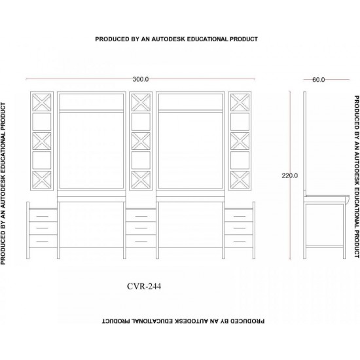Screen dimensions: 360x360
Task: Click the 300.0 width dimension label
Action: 141,79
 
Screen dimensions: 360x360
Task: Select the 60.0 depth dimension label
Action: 319,80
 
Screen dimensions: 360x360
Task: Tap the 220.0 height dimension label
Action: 290,175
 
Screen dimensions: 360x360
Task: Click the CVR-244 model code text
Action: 144,286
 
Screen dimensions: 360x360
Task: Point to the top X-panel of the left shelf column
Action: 42,102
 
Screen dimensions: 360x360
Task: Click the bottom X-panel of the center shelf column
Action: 141,179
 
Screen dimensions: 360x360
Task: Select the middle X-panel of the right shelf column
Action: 240,141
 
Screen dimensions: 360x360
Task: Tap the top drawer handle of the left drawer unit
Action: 43,216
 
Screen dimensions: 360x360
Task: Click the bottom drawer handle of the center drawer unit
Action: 141,241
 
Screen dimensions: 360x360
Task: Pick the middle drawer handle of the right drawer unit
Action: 240,228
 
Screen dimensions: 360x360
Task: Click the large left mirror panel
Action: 92,150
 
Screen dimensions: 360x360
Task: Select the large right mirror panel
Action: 190,150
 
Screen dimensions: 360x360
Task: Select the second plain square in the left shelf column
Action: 42,160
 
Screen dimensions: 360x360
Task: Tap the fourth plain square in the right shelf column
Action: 240,160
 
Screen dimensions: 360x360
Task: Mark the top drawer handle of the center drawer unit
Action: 141,216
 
